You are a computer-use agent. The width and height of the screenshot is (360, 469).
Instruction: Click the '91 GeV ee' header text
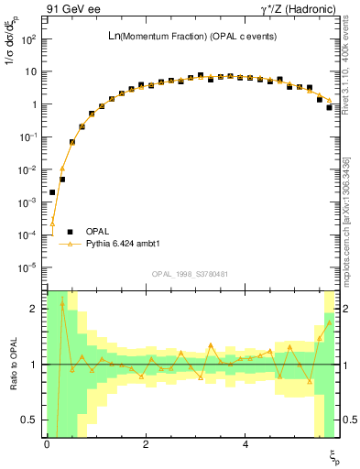click(74, 8)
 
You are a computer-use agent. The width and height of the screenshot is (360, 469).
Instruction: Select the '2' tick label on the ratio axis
click(35, 309)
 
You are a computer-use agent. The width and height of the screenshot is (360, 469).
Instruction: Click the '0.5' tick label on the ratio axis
click(31, 420)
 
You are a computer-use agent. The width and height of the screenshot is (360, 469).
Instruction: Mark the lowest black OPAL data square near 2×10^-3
click(52, 192)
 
